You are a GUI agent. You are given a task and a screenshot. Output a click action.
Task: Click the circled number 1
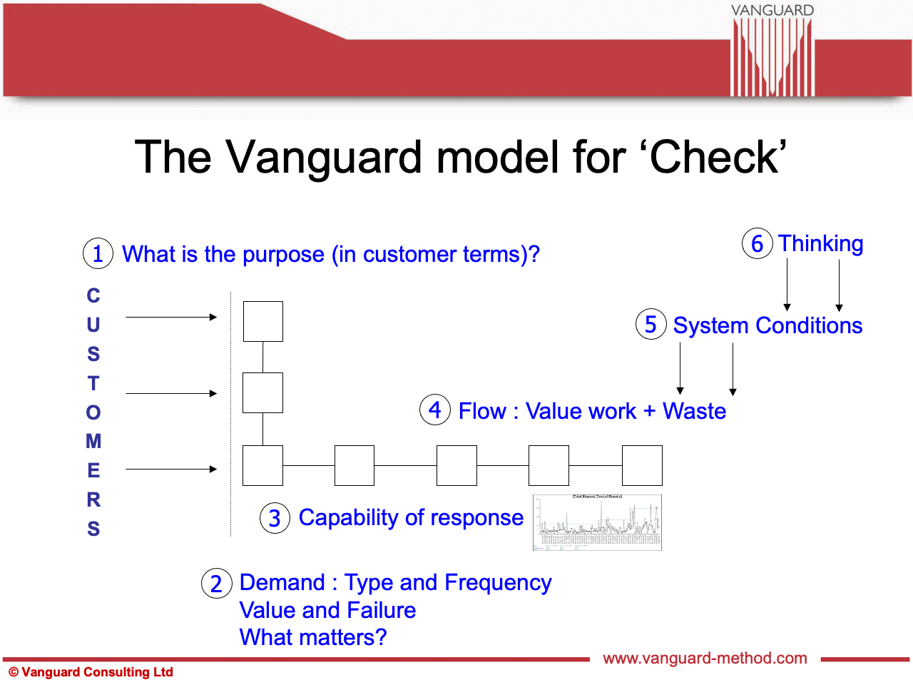[x=98, y=253]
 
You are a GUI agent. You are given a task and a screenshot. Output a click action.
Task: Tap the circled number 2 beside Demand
[x=217, y=584]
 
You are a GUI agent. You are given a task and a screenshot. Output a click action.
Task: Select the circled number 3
[x=275, y=518]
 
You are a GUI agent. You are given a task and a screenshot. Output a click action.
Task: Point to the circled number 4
[x=435, y=410]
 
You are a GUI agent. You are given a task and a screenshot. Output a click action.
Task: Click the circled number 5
[x=651, y=325]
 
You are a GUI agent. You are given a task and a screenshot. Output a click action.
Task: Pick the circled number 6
[x=757, y=243]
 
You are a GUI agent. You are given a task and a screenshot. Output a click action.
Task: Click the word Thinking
[x=820, y=243]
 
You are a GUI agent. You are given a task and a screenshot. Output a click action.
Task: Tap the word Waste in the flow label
[x=694, y=411]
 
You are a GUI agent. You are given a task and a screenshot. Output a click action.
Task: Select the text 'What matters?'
[x=313, y=637]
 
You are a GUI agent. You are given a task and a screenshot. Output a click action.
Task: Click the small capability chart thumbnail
[x=597, y=522]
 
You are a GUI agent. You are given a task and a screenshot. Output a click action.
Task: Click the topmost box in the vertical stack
[x=262, y=321]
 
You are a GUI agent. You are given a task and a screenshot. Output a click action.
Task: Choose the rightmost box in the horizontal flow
[x=642, y=465]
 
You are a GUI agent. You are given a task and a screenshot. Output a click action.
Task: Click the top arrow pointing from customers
[x=171, y=317]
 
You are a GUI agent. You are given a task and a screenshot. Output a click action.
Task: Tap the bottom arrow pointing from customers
[x=171, y=469]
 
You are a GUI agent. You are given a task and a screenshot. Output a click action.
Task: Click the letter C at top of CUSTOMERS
[x=93, y=295]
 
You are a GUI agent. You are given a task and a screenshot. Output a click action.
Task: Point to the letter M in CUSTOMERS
[x=93, y=441]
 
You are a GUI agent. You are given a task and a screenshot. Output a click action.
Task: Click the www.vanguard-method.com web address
[x=705, y=658]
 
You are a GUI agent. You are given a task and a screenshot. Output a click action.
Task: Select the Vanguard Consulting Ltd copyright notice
[x=91, y=672]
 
